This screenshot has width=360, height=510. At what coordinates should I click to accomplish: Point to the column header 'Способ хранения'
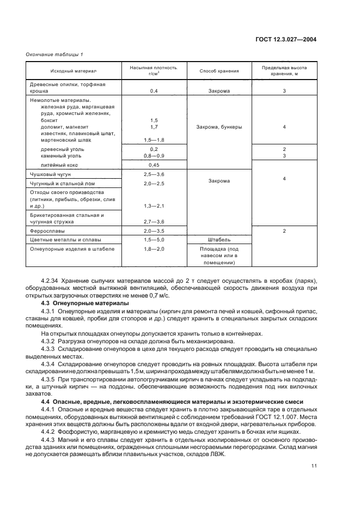point(219,71)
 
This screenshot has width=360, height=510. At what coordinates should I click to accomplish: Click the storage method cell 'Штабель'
point(219,239)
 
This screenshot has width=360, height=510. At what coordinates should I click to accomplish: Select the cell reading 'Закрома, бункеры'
point(219,127)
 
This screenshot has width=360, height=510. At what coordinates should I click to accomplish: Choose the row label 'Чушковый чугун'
point(48,174)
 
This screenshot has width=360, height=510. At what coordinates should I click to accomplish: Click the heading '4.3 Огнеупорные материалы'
point(85,302)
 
